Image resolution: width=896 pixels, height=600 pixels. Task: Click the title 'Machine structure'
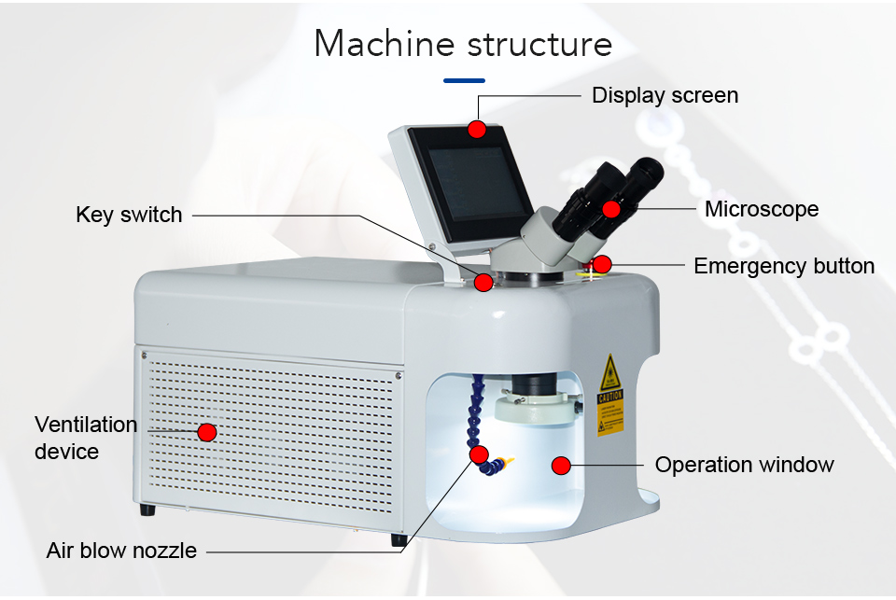click(463, 44)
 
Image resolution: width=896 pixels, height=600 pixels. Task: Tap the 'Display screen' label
click(665, 95)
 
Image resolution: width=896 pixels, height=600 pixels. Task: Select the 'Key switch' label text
click(129, 215)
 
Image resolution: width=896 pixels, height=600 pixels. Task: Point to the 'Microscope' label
click(762, 209)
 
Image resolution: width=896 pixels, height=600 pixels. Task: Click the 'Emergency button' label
click(784, 266)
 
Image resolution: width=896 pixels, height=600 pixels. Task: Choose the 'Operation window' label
click(744, 465)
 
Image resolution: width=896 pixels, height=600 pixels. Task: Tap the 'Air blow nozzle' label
click(121, 551)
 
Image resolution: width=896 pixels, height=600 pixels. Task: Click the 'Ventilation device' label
click(86, 438)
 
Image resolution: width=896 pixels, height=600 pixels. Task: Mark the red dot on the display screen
click(477, 129)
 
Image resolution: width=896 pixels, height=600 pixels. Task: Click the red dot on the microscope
click(611, 209)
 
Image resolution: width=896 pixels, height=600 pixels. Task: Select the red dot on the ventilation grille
click(207, 432)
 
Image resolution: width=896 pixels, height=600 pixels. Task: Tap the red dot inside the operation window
click(561, 464)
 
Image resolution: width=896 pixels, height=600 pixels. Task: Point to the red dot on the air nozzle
click(480, 454)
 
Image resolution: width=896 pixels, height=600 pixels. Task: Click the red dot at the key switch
click(483, 282)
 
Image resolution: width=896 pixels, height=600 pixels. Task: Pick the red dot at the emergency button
click(602, 264)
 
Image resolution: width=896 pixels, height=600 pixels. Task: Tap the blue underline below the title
click(464, 80)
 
